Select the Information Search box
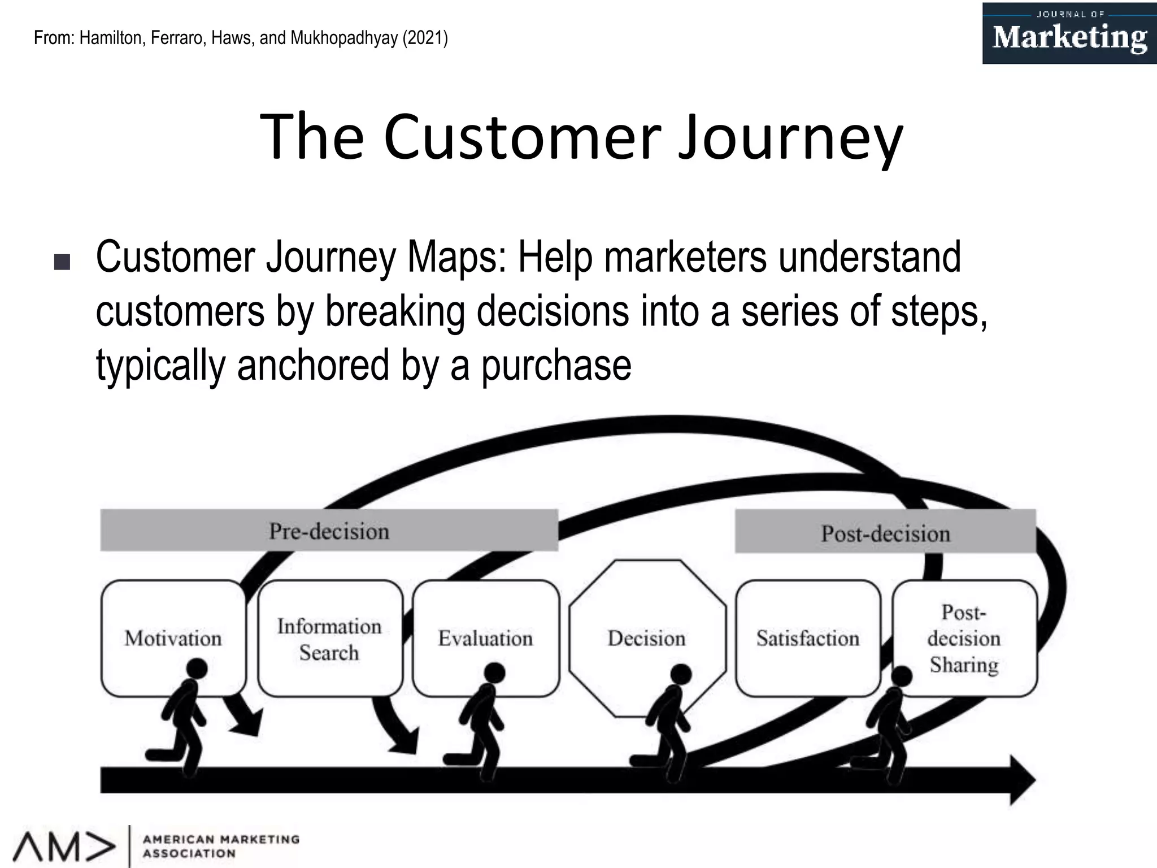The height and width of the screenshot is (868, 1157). click(x=330, y=639)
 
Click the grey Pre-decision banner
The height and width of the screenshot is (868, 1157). click(x=329, y=531)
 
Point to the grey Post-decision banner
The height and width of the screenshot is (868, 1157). click(x=885, y=532)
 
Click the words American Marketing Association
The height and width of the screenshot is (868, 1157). click(x=220, y=846)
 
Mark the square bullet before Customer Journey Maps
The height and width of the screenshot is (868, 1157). click(x=62, y=262)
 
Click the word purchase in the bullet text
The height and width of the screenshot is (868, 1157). click(x=556, y=365)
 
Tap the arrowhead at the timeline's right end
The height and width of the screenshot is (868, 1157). click(x=1021, y=780)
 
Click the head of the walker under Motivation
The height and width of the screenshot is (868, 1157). click(x=197, y=669)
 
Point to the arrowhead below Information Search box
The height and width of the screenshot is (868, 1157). click(x=404, y=741)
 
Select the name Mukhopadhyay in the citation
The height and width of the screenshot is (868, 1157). click(x=343, y=38)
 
